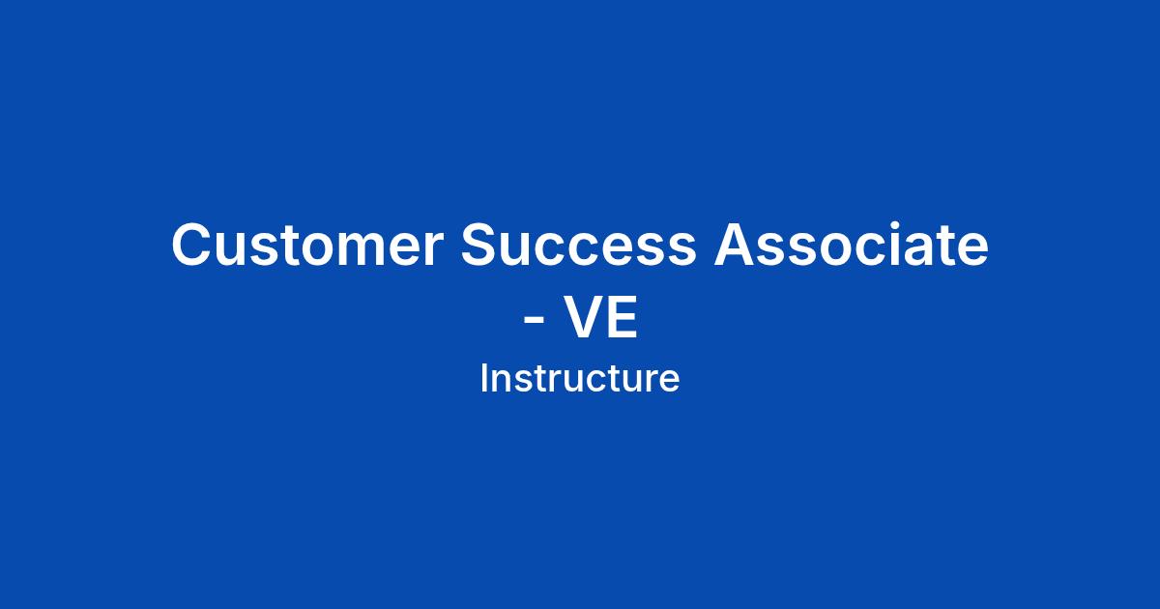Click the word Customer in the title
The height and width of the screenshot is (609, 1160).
307,245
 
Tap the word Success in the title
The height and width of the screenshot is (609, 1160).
578,245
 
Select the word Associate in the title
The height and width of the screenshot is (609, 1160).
852,244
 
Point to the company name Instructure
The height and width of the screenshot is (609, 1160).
579,379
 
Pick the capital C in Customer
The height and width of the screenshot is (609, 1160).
192,245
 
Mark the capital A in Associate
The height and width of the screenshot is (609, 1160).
736,244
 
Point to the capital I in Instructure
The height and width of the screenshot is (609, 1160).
483,378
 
